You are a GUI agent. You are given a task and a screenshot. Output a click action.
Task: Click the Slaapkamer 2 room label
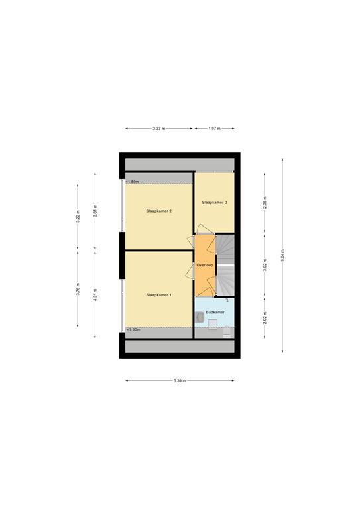158,211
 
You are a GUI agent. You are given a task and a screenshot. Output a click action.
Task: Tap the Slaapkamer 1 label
158,295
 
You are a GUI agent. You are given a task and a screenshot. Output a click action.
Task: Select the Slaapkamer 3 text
214,203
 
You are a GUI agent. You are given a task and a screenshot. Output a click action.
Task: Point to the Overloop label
205,265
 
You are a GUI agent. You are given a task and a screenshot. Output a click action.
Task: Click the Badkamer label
215,312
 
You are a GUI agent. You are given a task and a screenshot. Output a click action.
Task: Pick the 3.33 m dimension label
158,129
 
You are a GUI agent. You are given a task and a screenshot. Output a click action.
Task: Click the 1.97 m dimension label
214,129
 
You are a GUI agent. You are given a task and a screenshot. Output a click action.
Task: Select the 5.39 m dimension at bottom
180,381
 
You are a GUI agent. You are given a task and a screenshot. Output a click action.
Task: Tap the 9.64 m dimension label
282,255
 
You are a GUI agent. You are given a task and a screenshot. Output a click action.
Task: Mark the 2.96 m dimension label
265,203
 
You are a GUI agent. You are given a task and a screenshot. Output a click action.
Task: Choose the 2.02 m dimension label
265,318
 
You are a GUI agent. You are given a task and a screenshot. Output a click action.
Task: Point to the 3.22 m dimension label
78,217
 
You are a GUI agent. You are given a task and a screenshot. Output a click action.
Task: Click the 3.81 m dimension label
95,211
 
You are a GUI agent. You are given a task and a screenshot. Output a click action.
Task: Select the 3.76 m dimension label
78,289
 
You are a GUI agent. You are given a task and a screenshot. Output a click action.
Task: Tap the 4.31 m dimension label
95,295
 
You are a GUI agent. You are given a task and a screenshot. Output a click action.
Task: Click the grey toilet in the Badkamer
200,317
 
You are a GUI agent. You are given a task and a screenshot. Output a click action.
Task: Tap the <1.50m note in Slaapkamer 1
133,329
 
